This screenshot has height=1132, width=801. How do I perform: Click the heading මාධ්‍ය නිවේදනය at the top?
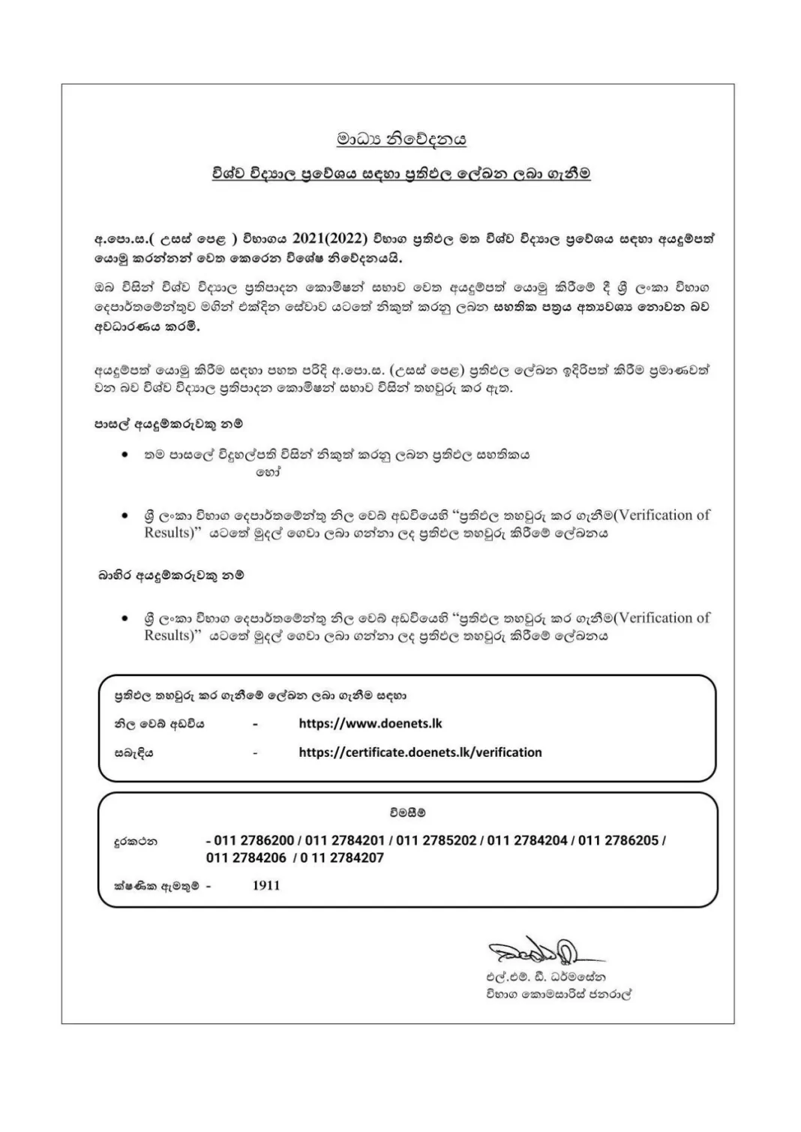point(401,139)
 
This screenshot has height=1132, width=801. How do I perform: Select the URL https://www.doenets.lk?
point(370,724)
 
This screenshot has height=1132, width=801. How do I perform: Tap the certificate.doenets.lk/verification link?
point(420,752)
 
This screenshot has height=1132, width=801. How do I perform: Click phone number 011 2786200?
point(253,840)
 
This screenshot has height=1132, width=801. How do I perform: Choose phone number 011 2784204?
point(527,840)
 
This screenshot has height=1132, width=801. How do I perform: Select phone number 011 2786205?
point(618,840)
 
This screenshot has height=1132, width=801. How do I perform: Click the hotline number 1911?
point(266,885)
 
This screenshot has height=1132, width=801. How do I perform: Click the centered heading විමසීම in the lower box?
point(407,812)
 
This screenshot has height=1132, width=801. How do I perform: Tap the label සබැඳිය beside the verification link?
point(133,752)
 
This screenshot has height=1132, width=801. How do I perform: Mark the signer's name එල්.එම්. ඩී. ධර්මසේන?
point(545,977)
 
